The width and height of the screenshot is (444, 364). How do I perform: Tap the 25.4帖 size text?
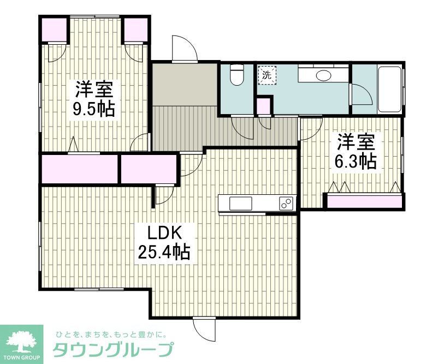pos(162,253)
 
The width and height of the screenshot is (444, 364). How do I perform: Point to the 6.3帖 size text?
pos(356,161)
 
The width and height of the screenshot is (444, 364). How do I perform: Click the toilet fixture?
pos(237,75)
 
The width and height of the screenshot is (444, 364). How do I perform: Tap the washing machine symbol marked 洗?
pos(267,75)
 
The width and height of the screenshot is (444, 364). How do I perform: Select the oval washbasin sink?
pos(324,75)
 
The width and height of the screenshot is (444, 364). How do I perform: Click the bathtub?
pos(389,89)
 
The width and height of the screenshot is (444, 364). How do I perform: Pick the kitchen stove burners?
pos(286,204)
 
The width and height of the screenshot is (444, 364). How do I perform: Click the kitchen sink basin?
pos(241,204)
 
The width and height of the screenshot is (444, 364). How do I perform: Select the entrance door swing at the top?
pos(184,49)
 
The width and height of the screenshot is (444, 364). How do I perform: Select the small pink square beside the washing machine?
pos(264,106)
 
